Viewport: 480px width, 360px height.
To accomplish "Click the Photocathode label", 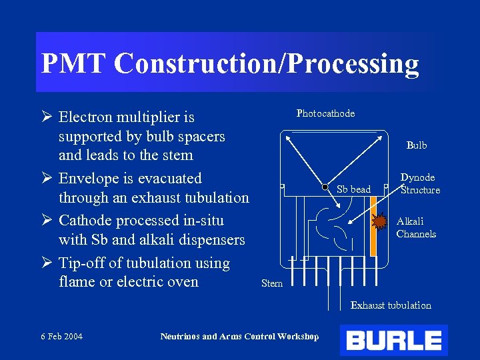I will (325, 113).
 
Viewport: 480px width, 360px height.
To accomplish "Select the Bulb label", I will (417, 145).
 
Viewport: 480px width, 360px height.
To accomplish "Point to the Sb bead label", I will (353, 189).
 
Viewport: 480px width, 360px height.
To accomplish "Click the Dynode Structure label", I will (419, 183).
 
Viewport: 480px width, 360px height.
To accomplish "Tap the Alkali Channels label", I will (416, 227).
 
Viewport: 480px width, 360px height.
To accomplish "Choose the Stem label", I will (272, 283).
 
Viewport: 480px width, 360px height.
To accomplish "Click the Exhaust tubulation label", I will (391, 305).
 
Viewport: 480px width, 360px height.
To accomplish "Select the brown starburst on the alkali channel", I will (379, 221).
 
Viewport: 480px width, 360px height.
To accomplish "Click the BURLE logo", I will (393, 341).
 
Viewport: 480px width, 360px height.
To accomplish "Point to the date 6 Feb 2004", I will (61, 336).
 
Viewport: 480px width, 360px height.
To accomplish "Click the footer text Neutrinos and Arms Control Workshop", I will (239, 336).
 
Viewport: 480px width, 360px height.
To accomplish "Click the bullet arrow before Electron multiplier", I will (47, 117).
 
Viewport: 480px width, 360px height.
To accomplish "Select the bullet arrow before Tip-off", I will (47, 263).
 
